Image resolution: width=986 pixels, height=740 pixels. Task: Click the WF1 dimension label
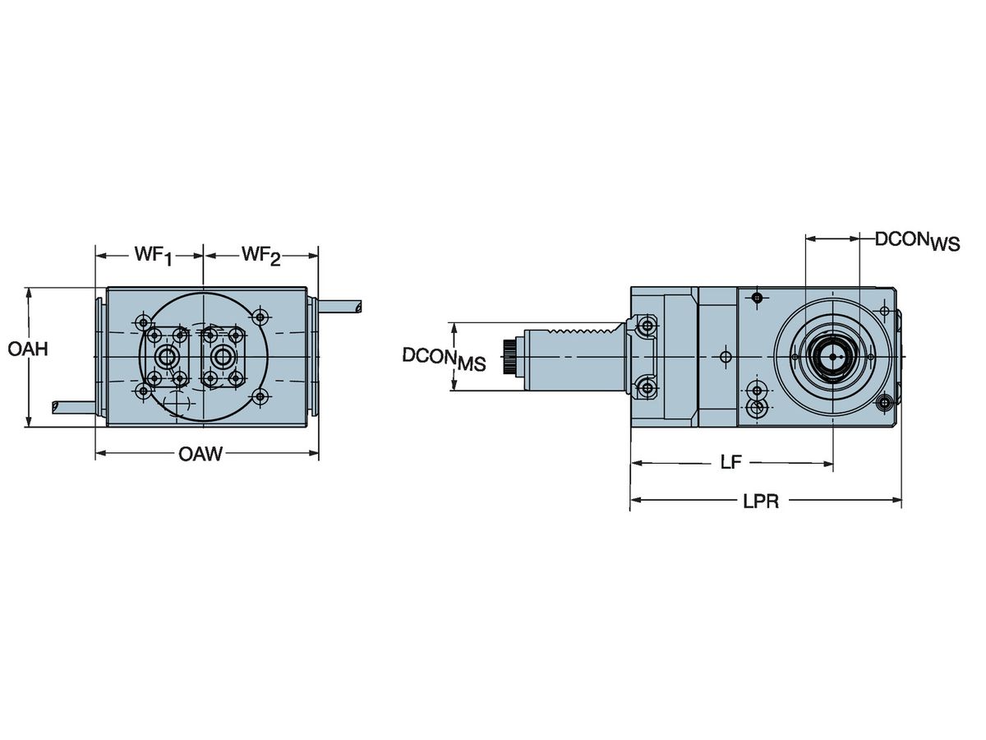coord(153,257)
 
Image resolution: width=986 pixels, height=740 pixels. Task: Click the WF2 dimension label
coord(260,257)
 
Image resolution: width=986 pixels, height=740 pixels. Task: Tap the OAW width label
coord(200,454)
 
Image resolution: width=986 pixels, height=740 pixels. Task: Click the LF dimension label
coord(730,463)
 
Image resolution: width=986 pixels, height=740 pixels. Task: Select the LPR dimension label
coord(760,502)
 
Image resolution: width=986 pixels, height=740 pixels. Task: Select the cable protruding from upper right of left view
coord(341,307)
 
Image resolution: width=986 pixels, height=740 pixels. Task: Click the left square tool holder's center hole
coord(168,357)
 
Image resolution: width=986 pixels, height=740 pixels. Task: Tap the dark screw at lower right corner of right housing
coord(884,403)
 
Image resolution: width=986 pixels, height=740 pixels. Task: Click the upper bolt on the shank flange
coord(647,326)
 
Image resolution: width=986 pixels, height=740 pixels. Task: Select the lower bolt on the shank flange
coord(647,388)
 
